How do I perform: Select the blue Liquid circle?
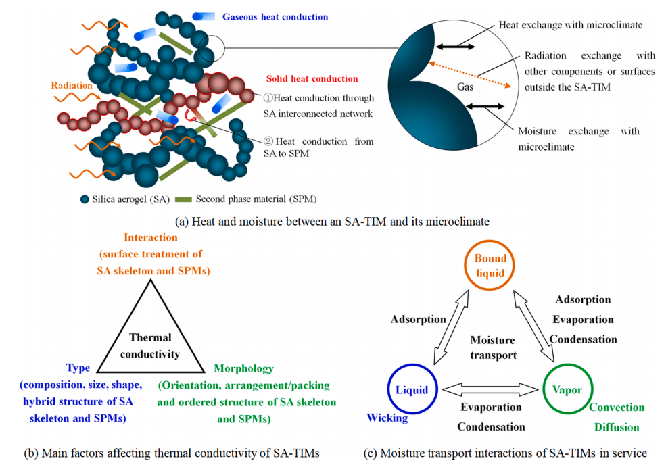point(412,389)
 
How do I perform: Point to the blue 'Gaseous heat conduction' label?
point(275,17)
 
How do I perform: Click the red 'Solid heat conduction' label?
point(312,79)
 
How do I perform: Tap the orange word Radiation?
point(72,86)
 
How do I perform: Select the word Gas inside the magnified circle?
point(465,86)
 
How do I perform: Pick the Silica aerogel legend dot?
point(85,199)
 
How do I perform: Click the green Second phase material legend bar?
point(183,199)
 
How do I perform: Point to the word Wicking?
point(387,418)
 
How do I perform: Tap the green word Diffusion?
point(617,426)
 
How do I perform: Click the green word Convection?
point(616,407)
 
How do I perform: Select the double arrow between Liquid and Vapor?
point(490,390)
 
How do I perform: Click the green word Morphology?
point(243,368)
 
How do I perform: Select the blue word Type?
point(78,368)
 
